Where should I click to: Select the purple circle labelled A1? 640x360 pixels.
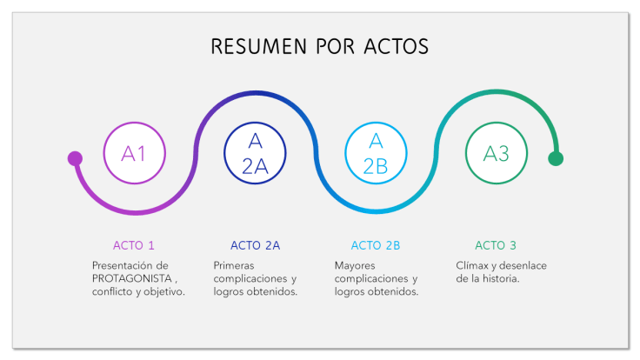(134, 154)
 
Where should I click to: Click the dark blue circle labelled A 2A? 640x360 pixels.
(255, 154)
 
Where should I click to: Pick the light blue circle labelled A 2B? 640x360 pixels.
(376, 154)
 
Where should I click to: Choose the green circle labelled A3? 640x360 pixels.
(497, 154)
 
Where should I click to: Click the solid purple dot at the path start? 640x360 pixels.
(75, 158)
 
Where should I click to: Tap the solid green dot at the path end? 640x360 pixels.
(556, 158)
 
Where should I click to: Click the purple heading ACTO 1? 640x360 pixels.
(134, 245)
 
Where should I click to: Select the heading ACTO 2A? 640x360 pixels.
(255, 245)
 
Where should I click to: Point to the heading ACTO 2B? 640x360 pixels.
(376, 245)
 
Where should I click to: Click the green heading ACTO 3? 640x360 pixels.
(496, 245)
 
